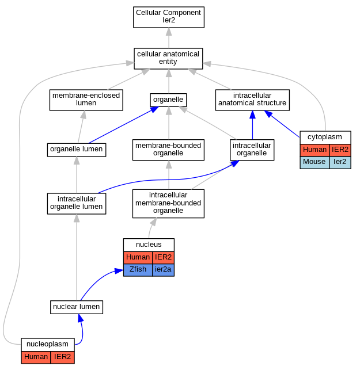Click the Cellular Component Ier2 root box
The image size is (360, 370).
click(x=169, y=17)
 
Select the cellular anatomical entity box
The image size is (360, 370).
click(x=168, y=59)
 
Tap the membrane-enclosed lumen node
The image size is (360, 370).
click(x=86, y=100)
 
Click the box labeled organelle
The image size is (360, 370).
click(x=168, y=100)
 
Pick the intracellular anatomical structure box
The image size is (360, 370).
click(x=252, y=100)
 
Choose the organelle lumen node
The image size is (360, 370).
click(x=77, y=150)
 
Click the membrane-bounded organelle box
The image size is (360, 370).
click(x=168, y=150)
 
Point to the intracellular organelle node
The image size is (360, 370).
click(x=252, y=150)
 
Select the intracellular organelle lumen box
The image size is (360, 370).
click(x=77, y=204)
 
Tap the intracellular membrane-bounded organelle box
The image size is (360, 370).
click(x=168, y=204)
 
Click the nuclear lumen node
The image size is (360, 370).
click(x=77, y=307)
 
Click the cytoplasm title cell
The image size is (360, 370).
click(x=325, y=138)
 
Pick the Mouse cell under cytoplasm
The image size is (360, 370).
click(x=314, y=162)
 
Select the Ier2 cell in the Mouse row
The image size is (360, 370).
click(x=340, y=162)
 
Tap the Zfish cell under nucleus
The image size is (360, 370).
click(x=138, y=270)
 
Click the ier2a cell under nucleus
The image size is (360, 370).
click(x=163, y=270)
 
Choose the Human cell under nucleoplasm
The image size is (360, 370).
click(x=36, y=357)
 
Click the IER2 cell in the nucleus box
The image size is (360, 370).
click(x=163, y=257)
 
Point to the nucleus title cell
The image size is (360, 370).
click(x=149, y=245)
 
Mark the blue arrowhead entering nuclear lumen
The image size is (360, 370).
click(x=80, y=318)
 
